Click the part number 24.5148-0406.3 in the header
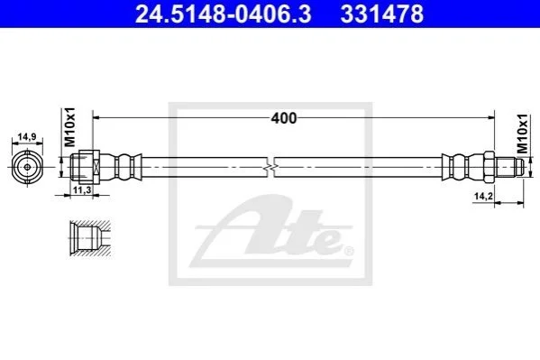(224, 14)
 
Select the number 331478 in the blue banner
(382, 14)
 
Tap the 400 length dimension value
(283, 118)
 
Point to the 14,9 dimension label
(27, 137)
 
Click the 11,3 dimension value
(82, 189)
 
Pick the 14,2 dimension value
(483, 196)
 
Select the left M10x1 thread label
(70, 127)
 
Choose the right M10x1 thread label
(523, 134)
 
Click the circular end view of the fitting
(28, 168)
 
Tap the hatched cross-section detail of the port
(90, 238)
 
